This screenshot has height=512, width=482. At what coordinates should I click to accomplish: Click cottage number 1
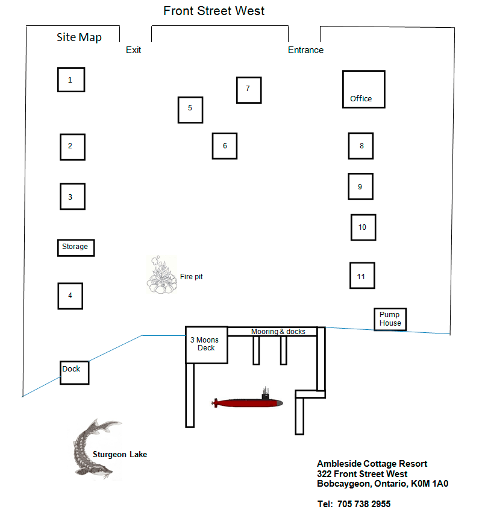(70, 80)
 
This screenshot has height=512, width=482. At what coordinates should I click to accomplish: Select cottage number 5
(190, 109)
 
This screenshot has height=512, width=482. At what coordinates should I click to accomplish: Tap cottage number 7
(248, 89)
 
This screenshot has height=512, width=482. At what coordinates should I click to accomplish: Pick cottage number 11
(362, 276)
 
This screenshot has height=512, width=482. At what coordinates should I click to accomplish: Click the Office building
(363, 89)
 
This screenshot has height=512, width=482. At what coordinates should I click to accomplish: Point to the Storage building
(75, 247)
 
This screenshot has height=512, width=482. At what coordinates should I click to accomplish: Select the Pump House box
(389, 319)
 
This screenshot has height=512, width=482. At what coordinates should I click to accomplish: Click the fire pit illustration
(161, 276)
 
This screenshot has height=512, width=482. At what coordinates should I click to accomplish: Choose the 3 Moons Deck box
(206, 344)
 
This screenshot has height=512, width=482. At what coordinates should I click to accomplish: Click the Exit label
(133, 50)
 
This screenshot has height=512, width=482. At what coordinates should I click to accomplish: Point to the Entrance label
(305, 50)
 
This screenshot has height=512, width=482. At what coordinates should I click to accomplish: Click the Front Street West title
(214, 11)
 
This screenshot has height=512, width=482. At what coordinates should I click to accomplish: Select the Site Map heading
(79, 37)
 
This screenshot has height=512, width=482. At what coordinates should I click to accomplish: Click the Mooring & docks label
(278, 332)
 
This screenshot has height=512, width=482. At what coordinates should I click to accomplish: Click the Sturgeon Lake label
(120, 454)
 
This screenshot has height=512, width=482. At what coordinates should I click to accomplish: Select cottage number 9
(360, 186)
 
